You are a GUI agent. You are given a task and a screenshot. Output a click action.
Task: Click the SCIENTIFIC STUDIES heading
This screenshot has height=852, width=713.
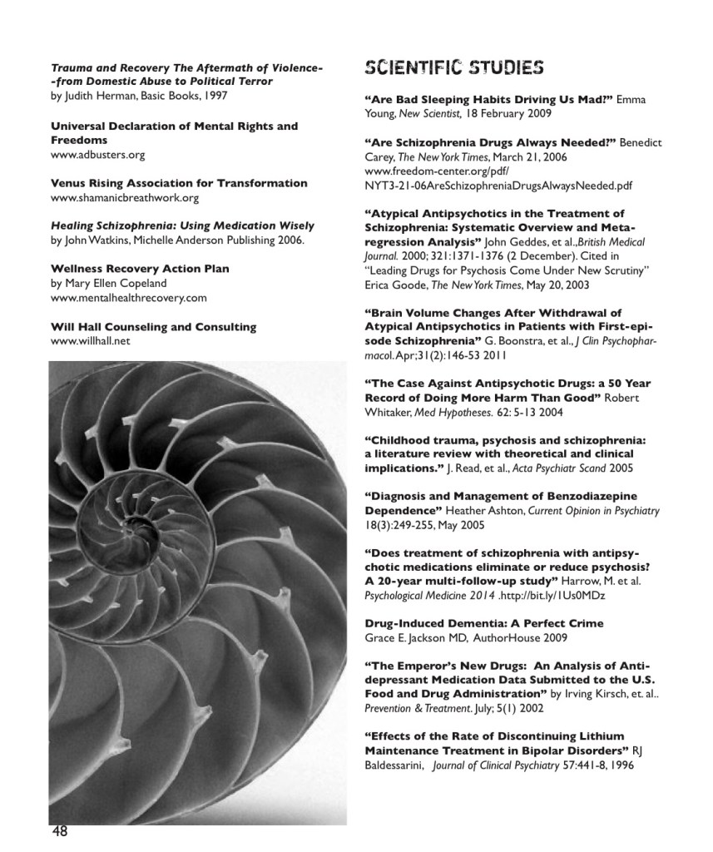(454, 67)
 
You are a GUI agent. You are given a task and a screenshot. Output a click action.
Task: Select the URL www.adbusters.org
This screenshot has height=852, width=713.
(98, 155)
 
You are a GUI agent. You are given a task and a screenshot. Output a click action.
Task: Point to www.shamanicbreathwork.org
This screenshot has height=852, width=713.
(125, 198)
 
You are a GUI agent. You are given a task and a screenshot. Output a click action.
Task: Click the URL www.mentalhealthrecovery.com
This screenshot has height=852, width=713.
(129, 297)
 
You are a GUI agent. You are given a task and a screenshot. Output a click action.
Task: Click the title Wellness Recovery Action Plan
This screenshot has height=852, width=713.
(140, 269)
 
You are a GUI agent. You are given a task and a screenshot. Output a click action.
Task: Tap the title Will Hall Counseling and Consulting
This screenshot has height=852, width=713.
(153, 326)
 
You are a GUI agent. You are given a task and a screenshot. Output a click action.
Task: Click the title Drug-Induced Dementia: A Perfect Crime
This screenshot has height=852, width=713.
(484, 623)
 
